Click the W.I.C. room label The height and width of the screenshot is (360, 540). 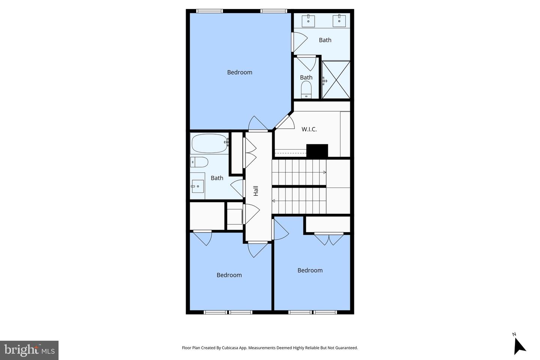(309, 129)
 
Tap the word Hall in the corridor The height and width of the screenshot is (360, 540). (256, 191)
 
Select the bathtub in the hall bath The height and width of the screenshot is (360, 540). (210, 143)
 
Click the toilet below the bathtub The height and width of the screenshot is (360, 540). (199, 162)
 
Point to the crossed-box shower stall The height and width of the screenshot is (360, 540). (336, 80)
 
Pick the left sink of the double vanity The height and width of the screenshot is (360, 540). (308, 21)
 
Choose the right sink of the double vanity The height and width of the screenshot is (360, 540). (339, 21)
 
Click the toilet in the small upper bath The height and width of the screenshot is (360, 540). (306, 90)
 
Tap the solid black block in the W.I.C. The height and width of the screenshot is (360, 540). (317, 151)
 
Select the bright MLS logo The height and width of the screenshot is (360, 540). (29, 350)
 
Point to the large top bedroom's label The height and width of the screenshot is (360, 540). (240, 72)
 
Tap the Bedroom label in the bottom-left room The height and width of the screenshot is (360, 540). (229, 275)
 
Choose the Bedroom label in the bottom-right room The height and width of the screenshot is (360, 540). (310, 270)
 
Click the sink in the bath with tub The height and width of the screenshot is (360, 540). (198, 186)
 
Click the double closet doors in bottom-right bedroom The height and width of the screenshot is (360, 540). (329, 239)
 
